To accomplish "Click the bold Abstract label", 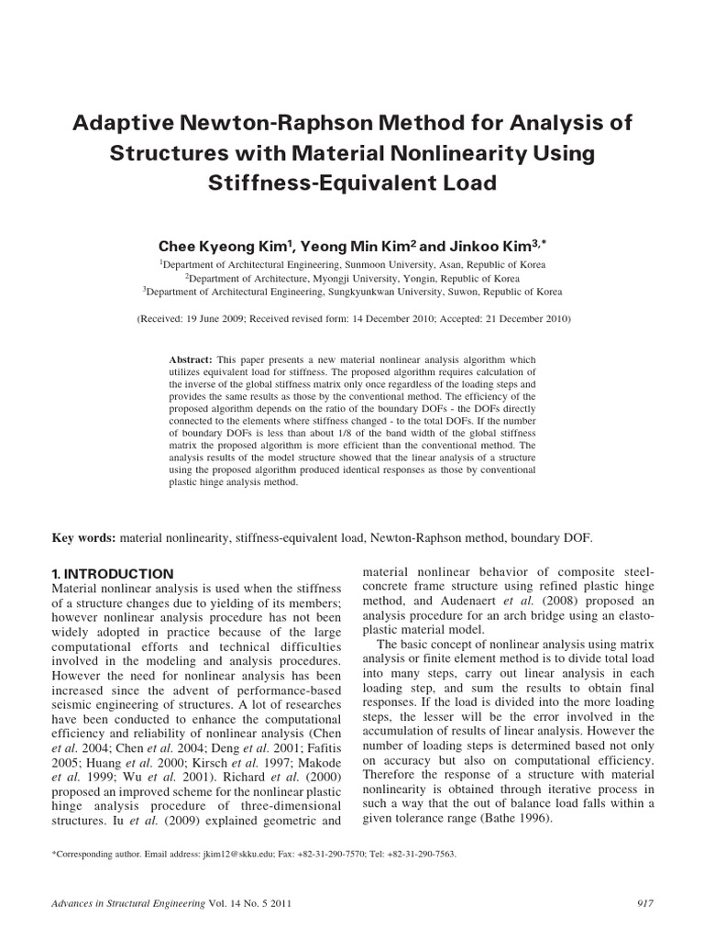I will (192, 359).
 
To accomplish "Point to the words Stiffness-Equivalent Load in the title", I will (352, 182).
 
